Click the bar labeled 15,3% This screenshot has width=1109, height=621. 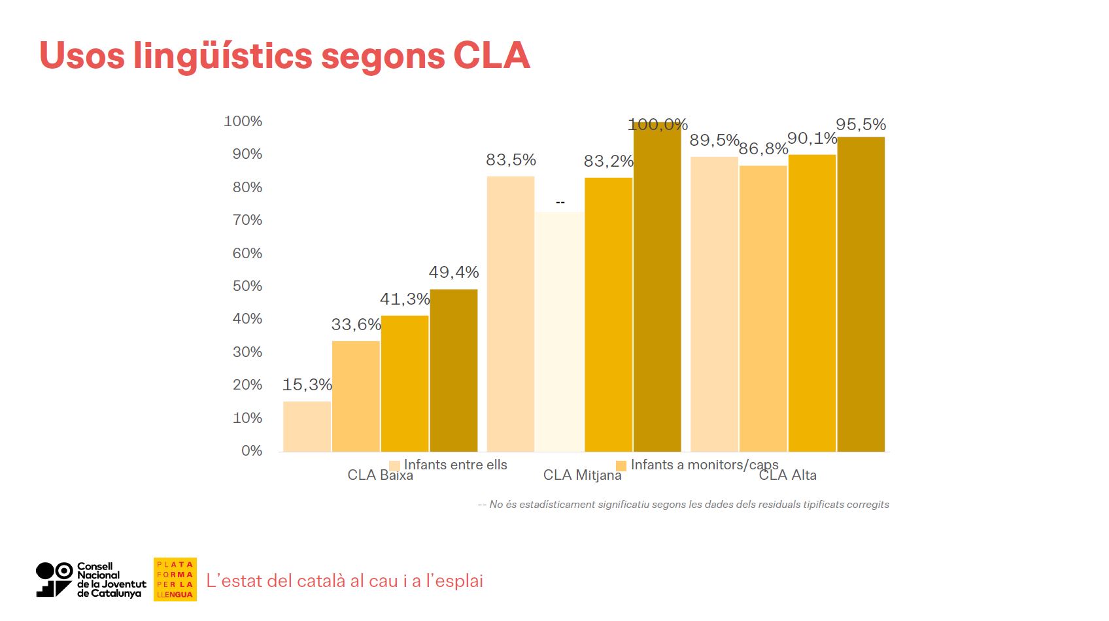coord(307,426)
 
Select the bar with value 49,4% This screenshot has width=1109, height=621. coord(453,370)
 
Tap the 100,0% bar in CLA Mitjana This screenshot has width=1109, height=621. coord(657,288)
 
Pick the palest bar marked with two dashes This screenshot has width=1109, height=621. coord(560,331)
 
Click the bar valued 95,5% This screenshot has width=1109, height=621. coord(861,294)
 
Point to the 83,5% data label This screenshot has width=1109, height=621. coord(511,160)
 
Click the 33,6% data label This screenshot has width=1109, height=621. coord(356,325)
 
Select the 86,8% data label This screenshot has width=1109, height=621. coord(763,149)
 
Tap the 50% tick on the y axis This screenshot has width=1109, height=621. coord(247,286)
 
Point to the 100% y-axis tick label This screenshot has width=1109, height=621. coord(243,122)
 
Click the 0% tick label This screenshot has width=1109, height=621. coord(251,451)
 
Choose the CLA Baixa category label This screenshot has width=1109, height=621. coord(380,475)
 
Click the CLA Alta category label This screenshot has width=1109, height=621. coord(787,475)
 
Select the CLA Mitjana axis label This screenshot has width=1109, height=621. coord(582,475)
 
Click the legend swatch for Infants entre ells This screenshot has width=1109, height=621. coord(394,465)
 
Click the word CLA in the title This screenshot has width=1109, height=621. coord(491,55)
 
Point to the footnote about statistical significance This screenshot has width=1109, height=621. coord(683,505)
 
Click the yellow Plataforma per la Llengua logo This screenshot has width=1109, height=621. coord(175,579)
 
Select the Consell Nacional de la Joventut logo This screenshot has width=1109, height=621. coord(91,580)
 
